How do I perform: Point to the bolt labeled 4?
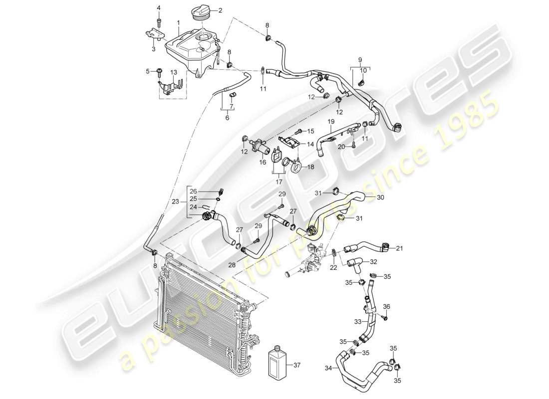[159, 20]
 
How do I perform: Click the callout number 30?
[381, 197]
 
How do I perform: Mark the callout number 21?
[399, 247]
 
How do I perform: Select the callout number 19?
[330, 121]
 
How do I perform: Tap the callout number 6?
[227, 118]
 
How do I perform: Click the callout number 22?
[333, 267]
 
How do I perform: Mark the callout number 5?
[148, 71]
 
